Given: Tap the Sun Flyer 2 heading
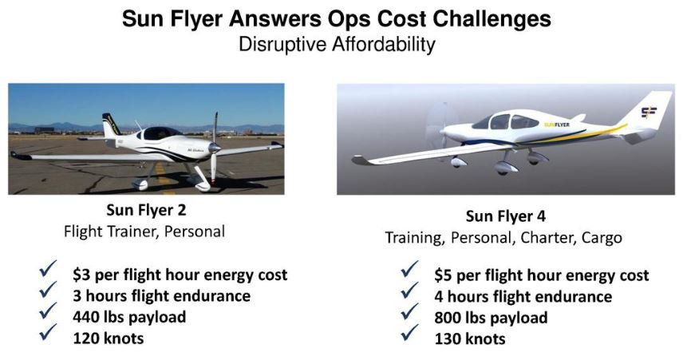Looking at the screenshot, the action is [146, 210].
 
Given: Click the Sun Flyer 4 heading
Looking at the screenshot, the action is [506, 216].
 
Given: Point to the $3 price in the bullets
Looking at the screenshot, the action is [81, 275].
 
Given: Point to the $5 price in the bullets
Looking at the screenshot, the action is [443, 275].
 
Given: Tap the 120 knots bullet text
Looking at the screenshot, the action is [108, 338].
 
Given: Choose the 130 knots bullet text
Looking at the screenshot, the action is [469, 339].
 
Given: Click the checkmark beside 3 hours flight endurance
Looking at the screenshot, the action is [48, 291].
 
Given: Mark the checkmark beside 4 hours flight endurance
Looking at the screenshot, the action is [409, 291].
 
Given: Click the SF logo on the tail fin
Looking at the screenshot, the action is [649, 112].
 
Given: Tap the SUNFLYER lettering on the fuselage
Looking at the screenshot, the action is [557, 125].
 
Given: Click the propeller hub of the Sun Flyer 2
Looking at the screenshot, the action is [215, 148].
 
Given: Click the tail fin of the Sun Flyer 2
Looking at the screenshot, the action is [110, 125].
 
